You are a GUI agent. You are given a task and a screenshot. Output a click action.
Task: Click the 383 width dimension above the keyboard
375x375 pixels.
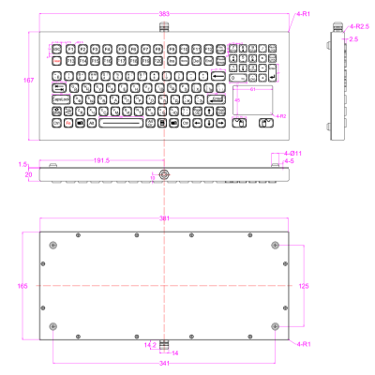pyautogui.click(x=164, y=13)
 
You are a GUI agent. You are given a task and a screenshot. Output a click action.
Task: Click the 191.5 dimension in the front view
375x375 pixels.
pyautogui.click(x=102, y=160)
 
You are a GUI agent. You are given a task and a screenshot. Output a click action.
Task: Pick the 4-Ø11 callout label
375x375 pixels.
pyautogui.click(x=292, y=152)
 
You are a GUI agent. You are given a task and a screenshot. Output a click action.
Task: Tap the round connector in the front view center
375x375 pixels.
pyautogui.click(x=165, y=174)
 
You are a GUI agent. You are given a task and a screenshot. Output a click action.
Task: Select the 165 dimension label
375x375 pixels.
pyautogui.click(x=23, y=285)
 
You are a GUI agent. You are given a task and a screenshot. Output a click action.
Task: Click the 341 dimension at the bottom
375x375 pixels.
pyautogui.click(x=164, y=363)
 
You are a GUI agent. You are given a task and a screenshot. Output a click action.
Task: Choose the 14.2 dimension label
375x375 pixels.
pyautogui.click(x=149, y=345)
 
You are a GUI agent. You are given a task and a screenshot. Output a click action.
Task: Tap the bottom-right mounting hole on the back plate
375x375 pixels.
pyautogui.click(x=275, y=325)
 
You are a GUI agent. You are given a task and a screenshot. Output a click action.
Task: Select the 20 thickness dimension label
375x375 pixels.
pyautogui.click(x=28, y=173)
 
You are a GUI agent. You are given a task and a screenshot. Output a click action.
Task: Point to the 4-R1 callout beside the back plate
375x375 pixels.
pyautogui.click(x=303, y=344)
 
